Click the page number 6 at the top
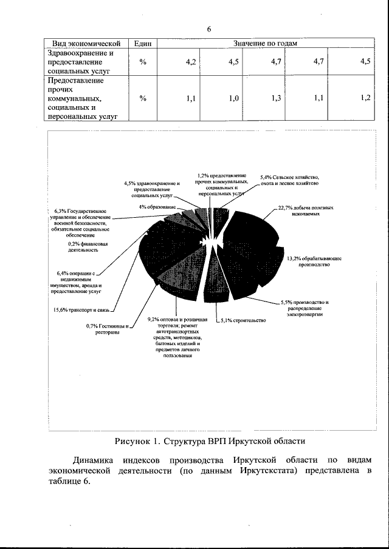pyautogui.click(x=208, y=29)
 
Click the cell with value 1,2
pyautogui.click(x=365, y=98)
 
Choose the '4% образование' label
pyautogui.click(x=157, y=207)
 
